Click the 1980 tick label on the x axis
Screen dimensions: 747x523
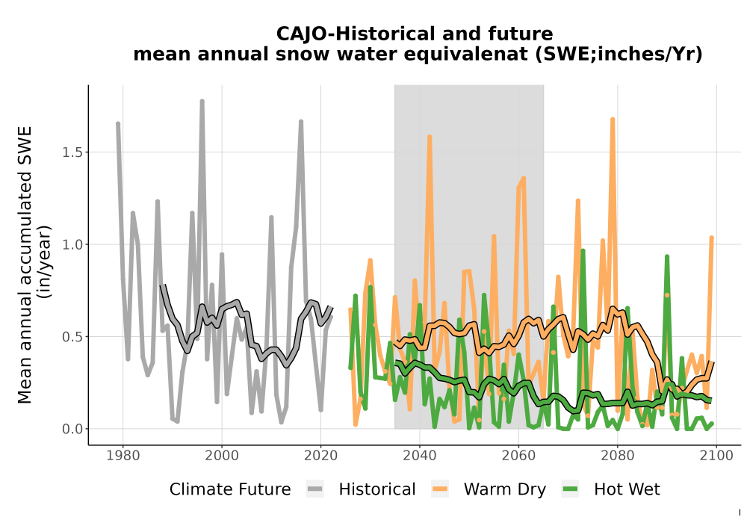[123, 456]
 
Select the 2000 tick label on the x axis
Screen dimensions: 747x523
[222, 456]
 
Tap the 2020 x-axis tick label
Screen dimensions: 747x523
[320, 456]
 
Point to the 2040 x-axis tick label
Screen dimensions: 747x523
[420, 456]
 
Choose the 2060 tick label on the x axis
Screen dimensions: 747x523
[518, 456]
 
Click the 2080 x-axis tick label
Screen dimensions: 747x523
[618, 456]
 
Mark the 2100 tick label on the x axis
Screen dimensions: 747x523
[716, 456]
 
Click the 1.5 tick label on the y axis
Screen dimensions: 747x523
[72, 152]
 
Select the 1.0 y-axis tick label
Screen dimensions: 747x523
[72, 244]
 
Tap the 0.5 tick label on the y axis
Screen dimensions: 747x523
[72, 337]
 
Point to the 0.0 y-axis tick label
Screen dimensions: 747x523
[72, 429]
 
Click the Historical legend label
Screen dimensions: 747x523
[377, 489]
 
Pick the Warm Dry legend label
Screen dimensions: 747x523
[505, 490]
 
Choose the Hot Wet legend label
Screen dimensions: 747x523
[627, 489]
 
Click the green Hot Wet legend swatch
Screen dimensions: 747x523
[570, 489]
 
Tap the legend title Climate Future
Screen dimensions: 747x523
[230, 489]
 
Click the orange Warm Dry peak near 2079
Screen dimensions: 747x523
[613, 119]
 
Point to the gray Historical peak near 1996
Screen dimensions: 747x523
[202, 101]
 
